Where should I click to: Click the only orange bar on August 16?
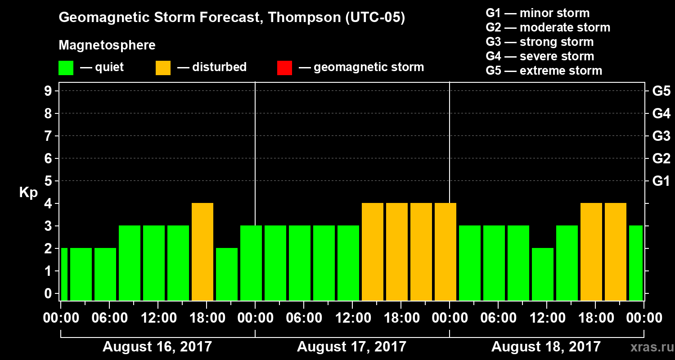(202, 252)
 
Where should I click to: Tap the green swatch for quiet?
(66, 67)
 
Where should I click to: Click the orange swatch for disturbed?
(163, 67)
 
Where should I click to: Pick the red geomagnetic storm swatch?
(284, 67)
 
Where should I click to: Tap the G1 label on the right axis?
(661, 181)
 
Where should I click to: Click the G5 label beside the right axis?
(661, 91)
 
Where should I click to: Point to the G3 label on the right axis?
(661, 136)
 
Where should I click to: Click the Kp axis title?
(28, 193)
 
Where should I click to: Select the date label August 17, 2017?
(351, 347)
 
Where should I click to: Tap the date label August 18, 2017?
(546, 347)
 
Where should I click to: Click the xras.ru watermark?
(649, 347)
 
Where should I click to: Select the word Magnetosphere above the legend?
(107, 45)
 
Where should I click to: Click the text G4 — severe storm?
(540, 56)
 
